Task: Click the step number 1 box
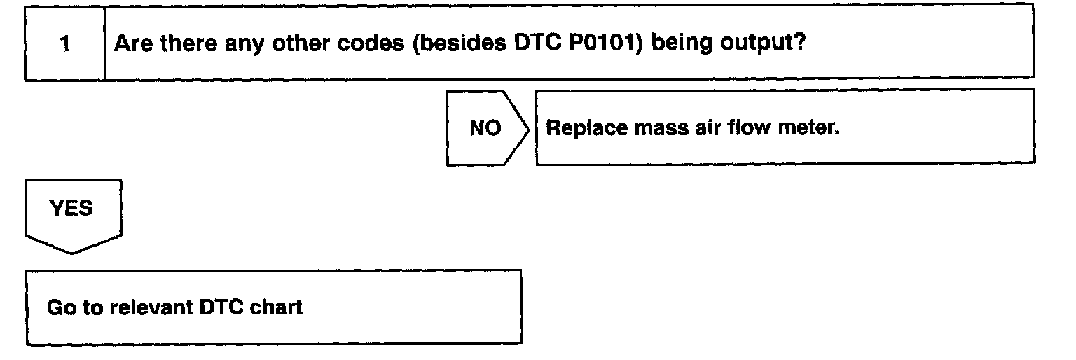click(64, 44)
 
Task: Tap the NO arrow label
click(485, 129)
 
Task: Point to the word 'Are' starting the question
click(132, 43)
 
